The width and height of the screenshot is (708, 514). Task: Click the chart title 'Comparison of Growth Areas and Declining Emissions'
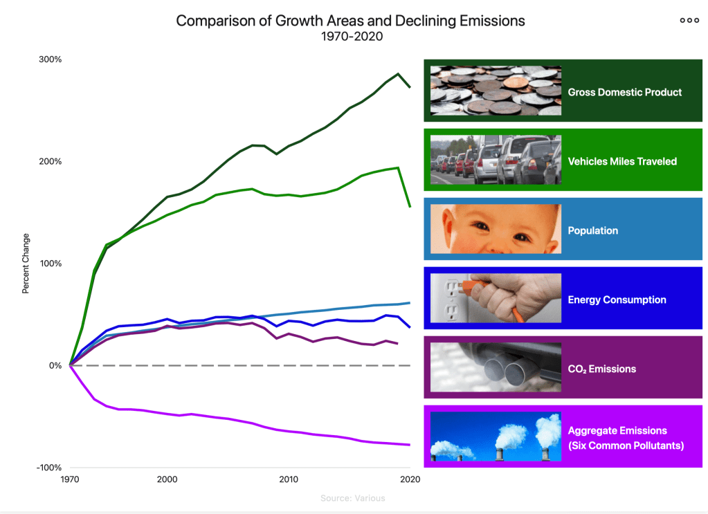click(x=350, y=21)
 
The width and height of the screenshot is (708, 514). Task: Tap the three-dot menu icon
click(x=689, y=20)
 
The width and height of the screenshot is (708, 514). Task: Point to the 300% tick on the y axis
click(x=50, y=59)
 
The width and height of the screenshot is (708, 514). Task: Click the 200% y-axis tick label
click(x=50, y=162)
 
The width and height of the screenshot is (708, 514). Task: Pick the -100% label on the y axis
click(x=48, y=468)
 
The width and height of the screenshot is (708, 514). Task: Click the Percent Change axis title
click(x=26, y=264)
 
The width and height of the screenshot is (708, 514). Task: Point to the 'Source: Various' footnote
click(x=353, y=498)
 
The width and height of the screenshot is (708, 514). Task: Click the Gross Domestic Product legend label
click(x=624, y=92)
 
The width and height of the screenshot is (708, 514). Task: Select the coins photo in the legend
click(x=495, y=91)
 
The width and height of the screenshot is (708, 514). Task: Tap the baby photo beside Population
click(x=495, y=229)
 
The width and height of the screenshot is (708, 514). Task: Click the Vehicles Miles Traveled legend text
click(x=622, y=161)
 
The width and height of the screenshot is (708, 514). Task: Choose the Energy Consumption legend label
click(x=617, y=300)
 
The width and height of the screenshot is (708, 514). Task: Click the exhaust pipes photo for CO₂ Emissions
click(x=495, y=367)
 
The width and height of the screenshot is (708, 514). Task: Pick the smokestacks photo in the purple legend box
click(x=495, y=437)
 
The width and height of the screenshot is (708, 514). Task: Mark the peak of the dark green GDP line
click(x=398, y=74)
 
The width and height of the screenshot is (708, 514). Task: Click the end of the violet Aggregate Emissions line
click(x=410, y=445)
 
